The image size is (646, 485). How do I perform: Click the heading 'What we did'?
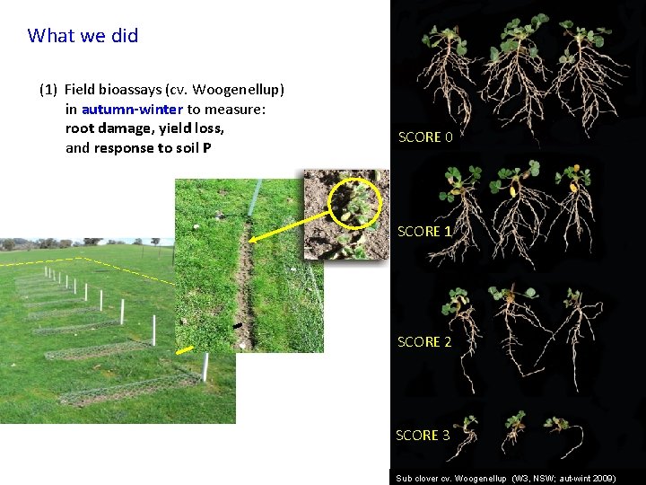tap(83, 36)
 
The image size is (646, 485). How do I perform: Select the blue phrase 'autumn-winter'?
tap(132, 110)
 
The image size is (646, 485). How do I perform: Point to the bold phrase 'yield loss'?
tap(194, 128)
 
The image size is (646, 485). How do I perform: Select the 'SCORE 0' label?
tap(425, 137)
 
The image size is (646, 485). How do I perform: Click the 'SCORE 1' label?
tap(424, 232)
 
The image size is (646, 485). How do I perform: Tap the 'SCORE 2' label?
tap(424, 342)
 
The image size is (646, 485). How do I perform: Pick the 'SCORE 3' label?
tap(423, 436)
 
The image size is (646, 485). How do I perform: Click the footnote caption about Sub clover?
tap(506, 479)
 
